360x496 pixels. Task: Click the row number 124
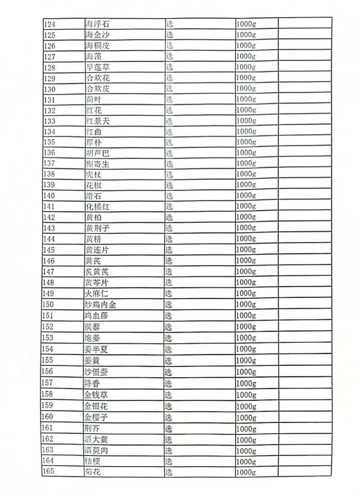[51, 24]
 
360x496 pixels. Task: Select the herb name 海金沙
[97, 34]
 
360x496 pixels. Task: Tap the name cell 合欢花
[97, 78]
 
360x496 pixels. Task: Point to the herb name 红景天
[97, 121]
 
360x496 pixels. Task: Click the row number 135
[50, 143]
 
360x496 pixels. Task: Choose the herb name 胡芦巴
[97, 153]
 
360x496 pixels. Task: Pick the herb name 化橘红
[97, 207]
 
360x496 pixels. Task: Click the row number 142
[50, 218]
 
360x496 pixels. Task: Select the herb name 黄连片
[97, 250]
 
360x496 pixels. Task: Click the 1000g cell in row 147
[246, 272]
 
